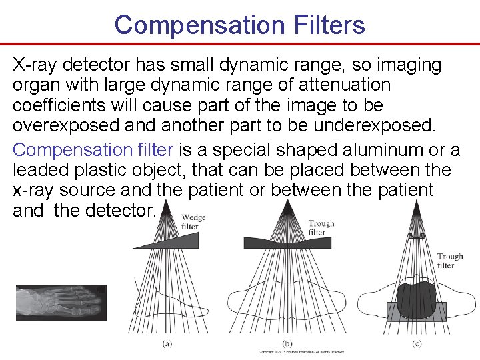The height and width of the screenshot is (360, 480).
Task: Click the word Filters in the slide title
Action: (327, 25)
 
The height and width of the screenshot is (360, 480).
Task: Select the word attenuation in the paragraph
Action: (345, 85)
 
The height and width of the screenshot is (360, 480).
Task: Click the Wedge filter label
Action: (193, 222)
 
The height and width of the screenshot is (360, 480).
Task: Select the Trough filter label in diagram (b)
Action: (321, 228)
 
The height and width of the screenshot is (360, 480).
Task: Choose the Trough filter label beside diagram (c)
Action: (450, 261)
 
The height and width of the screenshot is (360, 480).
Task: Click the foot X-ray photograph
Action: (60, 303)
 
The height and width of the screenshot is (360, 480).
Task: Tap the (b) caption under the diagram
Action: (287, 343)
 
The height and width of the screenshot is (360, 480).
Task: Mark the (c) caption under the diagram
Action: (417, 344)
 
